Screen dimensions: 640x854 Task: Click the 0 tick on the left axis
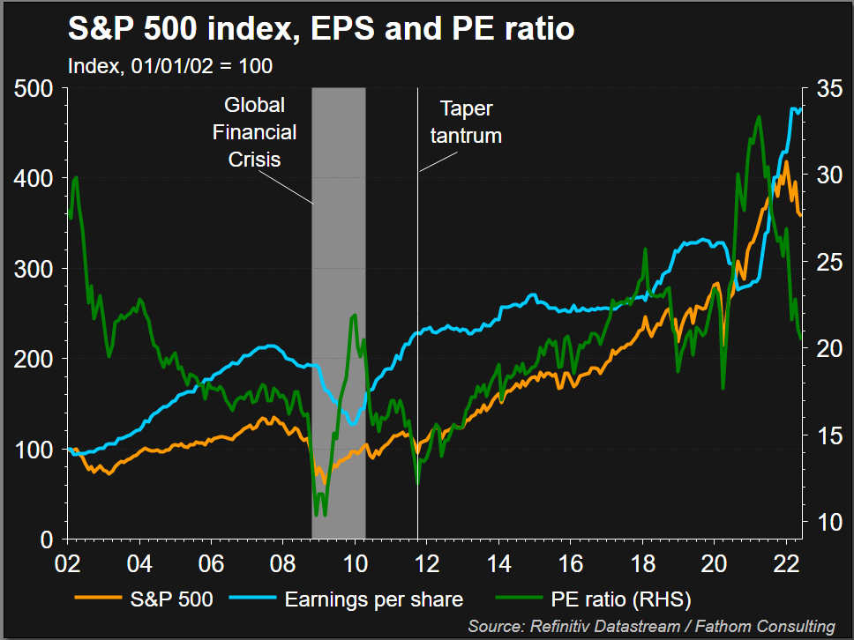pyautogui.click(x=48, y=539)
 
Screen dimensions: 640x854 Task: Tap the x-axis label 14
pyautogui.click(x=499, y=565)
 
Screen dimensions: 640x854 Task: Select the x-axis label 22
pyautogui.click(x=787, y=565)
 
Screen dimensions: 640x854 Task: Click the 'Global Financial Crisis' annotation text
pyautogui.click(x=255, y=132)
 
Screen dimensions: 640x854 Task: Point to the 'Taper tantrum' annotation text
pyautogui.click(x=470, y=122)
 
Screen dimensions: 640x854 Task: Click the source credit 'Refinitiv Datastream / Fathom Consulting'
pyautogui.click(x=652, y=626)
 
